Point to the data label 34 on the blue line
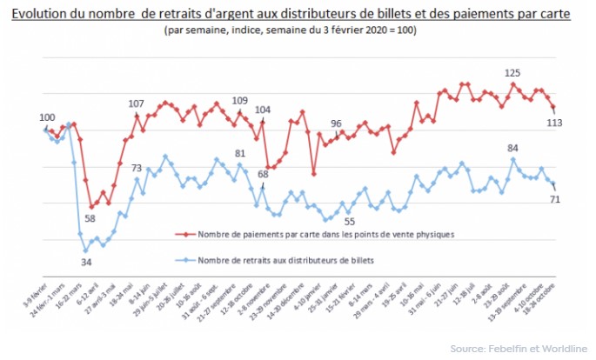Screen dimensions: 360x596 [x=86, y=261]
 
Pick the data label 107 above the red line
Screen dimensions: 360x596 [x=137, y=104]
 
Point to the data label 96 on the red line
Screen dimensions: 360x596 [x=336, y=123]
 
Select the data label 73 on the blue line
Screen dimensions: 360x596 [x=137, y=168]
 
